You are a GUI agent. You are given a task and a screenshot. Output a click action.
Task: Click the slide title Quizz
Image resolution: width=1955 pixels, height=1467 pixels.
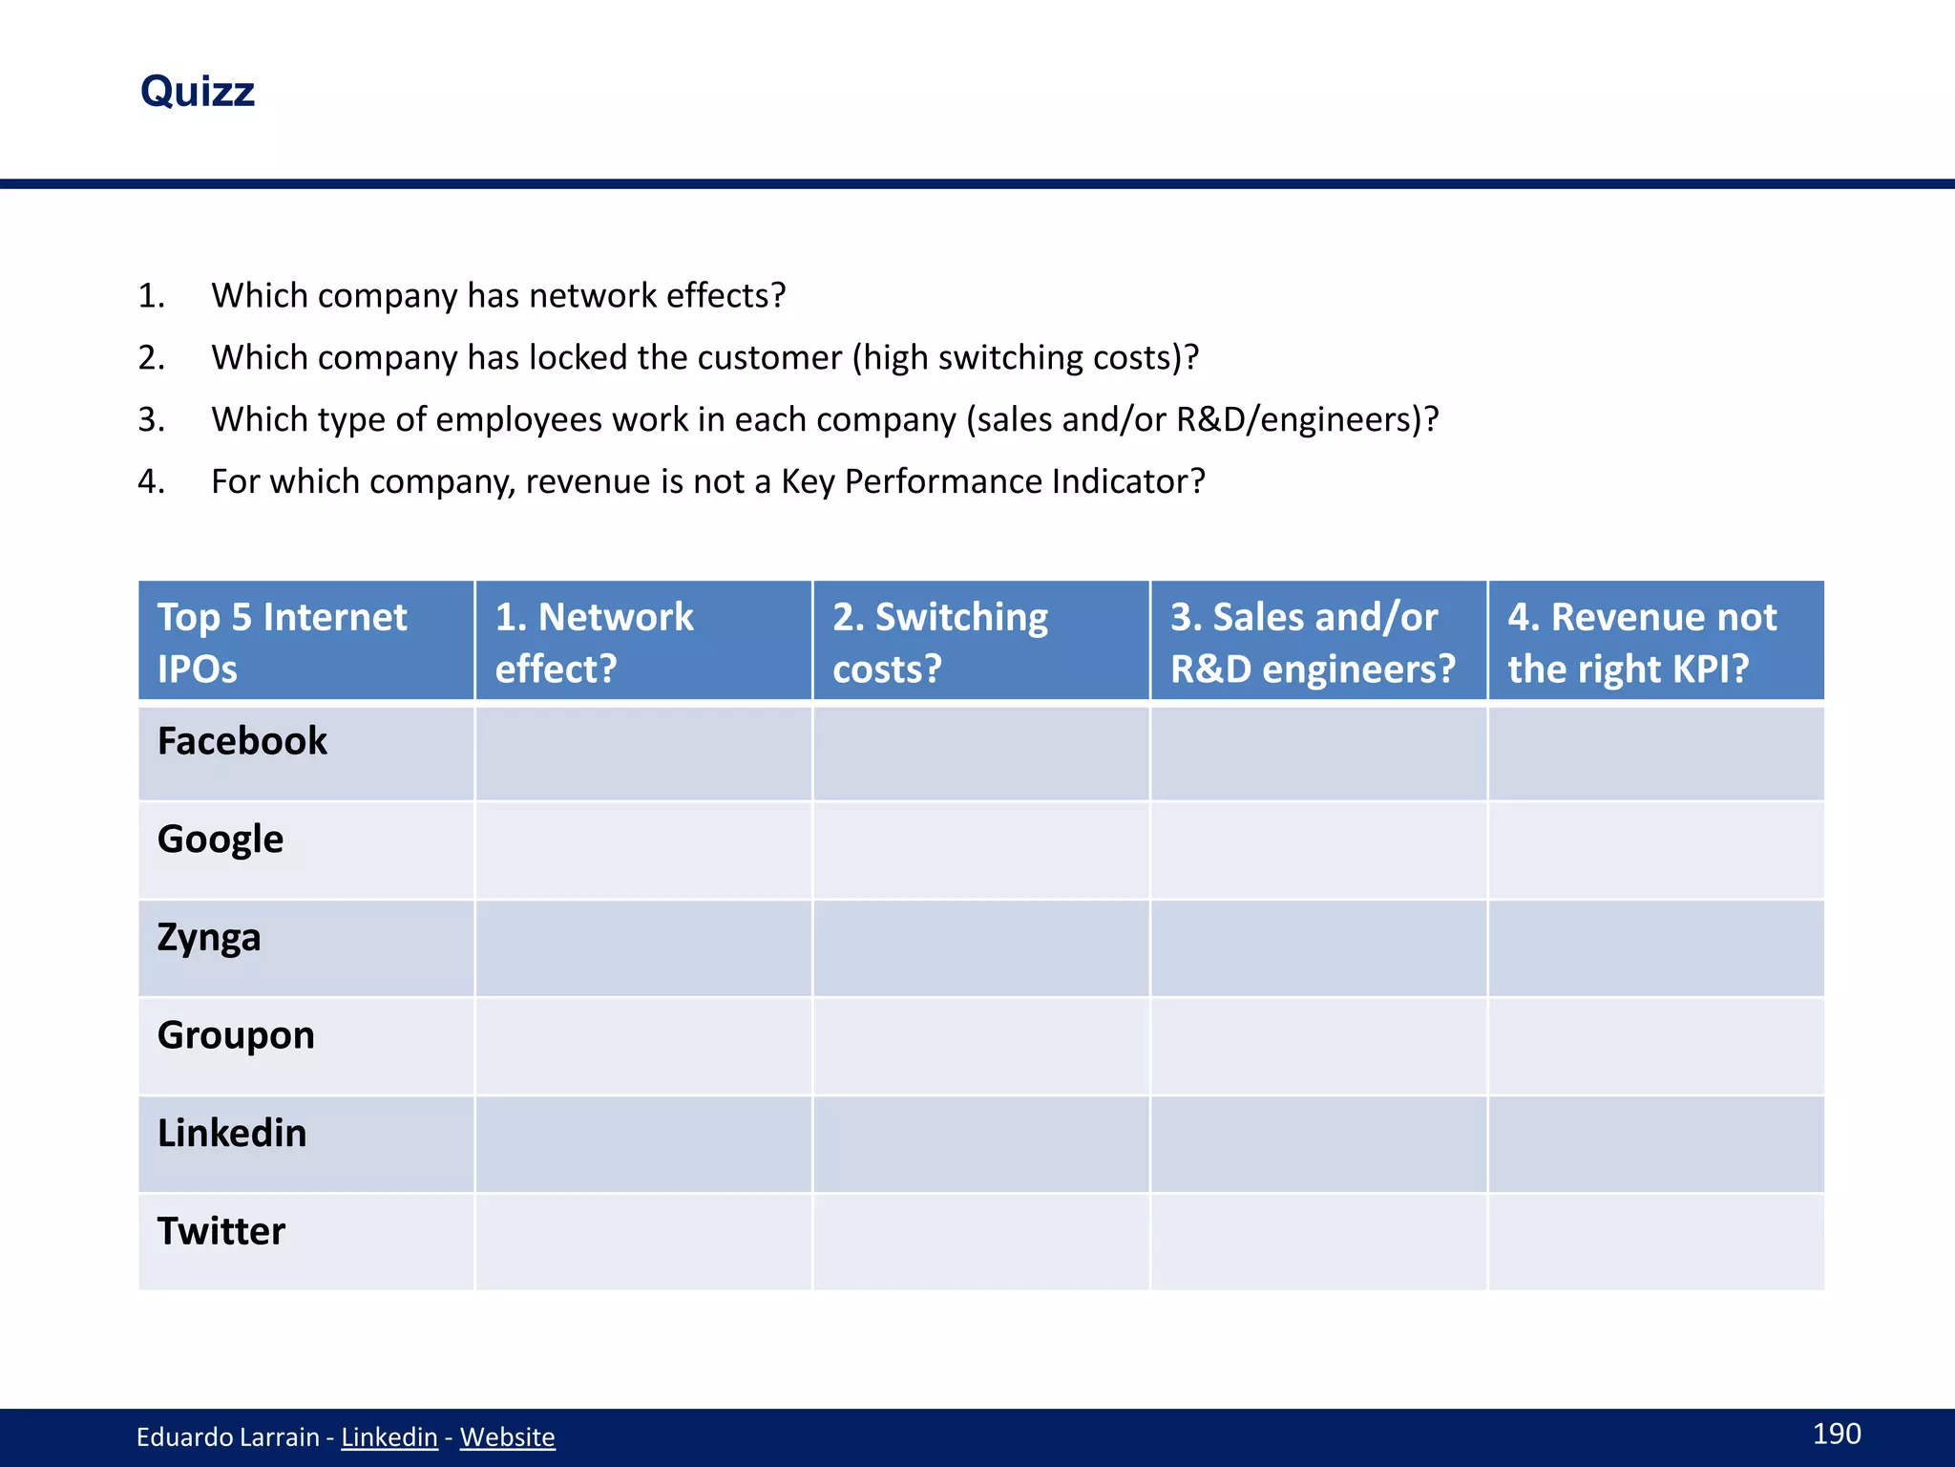pyautogui.click(x=198, y=92)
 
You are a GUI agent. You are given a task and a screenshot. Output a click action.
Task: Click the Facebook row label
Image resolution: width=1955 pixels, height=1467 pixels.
pyautogui.click(x=242, y=741)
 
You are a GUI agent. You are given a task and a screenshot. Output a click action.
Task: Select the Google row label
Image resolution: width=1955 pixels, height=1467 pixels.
pyautogui.click(x=221, y=840)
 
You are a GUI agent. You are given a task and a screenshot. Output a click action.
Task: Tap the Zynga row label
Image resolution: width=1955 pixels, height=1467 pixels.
pyautogui.click(x=209, y=938)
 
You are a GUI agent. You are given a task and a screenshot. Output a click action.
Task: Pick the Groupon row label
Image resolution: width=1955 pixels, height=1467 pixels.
pyautogui.click(x=236, y=1035)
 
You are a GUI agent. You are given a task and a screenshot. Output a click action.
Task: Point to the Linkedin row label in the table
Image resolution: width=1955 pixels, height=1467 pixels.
pyautogui.click(x=232, y=1134)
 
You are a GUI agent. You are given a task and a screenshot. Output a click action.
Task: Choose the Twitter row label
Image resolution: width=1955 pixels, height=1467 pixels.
pyautogui.click(x=221, y=1231)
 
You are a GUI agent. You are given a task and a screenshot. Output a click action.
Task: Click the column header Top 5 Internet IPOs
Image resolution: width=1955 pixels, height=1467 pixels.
pyautogui.click(x=283, y=642)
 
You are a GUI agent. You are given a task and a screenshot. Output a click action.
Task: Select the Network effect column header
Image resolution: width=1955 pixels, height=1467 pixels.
pyautogui.click(x=594, y=642)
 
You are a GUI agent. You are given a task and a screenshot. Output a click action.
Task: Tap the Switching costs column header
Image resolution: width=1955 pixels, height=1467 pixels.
pyautogui.click(x=940, y=642)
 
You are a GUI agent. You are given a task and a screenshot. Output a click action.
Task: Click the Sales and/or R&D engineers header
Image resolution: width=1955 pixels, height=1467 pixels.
pyautogui.click(x=1313, y=642)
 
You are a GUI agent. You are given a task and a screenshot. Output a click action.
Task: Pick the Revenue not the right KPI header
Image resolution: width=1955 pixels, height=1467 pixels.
pyautogui.click(x=1642, y=642)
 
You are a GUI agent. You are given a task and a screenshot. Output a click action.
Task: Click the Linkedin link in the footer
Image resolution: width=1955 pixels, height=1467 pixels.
pyautogui.click(x=389, y=1437)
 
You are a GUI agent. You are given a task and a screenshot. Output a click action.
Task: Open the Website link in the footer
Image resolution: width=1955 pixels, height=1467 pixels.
pyautogui.click(x=507, y=1437)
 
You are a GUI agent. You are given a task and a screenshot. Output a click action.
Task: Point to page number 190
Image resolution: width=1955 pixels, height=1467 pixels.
pyautogui.click(x=1837, y=1434)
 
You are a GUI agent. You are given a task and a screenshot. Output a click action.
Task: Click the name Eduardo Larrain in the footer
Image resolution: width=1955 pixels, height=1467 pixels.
pyautogui.click(x=227, y=1437)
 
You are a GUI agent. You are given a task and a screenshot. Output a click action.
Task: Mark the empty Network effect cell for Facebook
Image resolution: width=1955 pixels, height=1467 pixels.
pyautogui.click(x=643, y=753)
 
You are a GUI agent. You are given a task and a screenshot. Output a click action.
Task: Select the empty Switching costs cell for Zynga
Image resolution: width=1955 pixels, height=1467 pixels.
pyautogui.click(x=981, y=948)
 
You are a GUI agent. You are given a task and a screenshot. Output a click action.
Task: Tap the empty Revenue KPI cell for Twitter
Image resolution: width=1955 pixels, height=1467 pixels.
pyautogui.click(x=1656, y=1242)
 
